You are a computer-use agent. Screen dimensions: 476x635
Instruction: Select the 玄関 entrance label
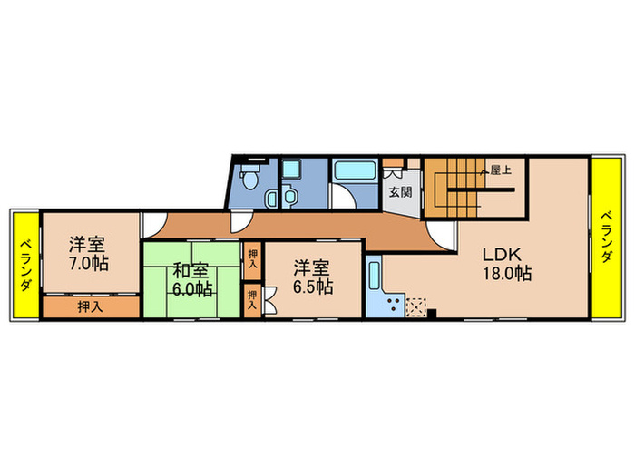tap(399, 192)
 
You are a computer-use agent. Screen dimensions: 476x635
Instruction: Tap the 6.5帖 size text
tap(312, 287)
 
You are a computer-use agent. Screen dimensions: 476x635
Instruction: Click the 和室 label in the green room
tap(191, 270)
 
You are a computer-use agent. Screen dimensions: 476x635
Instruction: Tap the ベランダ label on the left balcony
tap(25, 265)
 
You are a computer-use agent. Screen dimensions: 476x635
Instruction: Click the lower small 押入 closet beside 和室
tap(251, 300)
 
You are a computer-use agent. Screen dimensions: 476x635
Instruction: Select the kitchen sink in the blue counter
tap(373, 273)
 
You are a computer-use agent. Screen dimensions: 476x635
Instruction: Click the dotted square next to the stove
tap(416, 306)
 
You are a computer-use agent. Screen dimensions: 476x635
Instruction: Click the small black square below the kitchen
tap(432, 315)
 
